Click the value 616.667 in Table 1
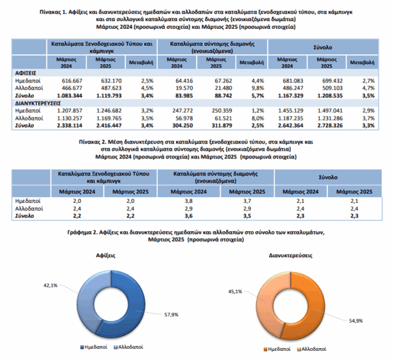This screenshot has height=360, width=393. click(72, 81)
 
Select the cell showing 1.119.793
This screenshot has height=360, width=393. click(109, 96)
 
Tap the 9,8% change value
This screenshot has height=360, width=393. click(258, 88)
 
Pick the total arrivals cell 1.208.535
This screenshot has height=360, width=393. click(330, 96)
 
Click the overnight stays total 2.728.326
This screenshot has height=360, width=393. click(330, 126)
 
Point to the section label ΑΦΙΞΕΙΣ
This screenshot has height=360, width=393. click(26, 73)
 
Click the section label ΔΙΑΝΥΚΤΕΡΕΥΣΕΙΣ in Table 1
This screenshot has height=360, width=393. click(38, 103)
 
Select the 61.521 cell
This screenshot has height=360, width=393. click(223, 118)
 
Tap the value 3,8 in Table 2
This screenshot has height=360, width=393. click(189, 201)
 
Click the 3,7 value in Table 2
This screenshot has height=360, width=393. click(247, 201)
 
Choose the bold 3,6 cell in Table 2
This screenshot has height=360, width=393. click(189, 216)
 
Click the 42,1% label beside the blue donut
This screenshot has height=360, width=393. click(50, 285)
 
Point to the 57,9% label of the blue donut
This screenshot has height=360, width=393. click(171, 315)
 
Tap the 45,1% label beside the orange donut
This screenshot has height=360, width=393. click(235, 291)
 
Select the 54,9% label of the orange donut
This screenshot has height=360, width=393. click(356, 321)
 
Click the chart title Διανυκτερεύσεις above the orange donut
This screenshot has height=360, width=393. click(290, 255)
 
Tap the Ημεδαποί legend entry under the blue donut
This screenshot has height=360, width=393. click(94, 347)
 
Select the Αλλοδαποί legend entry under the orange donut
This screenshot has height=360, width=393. click(312, 349)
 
